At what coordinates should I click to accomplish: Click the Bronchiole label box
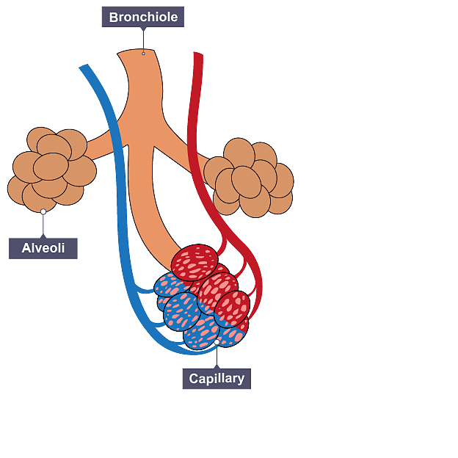[x=142, y=17]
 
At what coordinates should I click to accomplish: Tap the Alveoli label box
[x=43, y=248]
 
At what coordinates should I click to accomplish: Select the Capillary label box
[x=217, y=379]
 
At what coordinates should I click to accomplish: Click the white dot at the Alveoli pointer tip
[x=43, y=211]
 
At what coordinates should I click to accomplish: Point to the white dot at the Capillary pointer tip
[x=217, y=342]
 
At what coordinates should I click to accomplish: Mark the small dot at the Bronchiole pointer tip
[x=143, y=54]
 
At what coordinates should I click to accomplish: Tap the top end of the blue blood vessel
[x=84, y=69]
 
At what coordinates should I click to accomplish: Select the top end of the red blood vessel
[x=197, y=55]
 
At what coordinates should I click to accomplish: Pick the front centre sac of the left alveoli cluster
[x=51, y=167]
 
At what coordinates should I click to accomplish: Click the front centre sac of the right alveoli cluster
[x=247, y=181]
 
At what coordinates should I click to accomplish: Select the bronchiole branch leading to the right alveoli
[x=192, y=158]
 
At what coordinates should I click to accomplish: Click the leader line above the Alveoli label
[x=43, y=225]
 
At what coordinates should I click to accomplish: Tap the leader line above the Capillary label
[x=217, y=356]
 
